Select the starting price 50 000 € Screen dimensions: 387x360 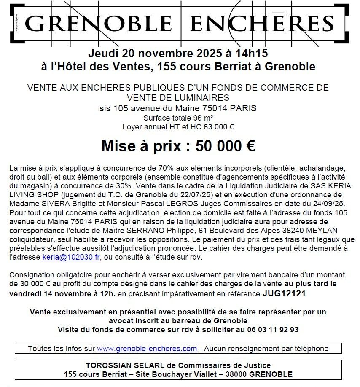[x=220, y=146]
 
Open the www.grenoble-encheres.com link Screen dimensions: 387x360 [x=147, y=349]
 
